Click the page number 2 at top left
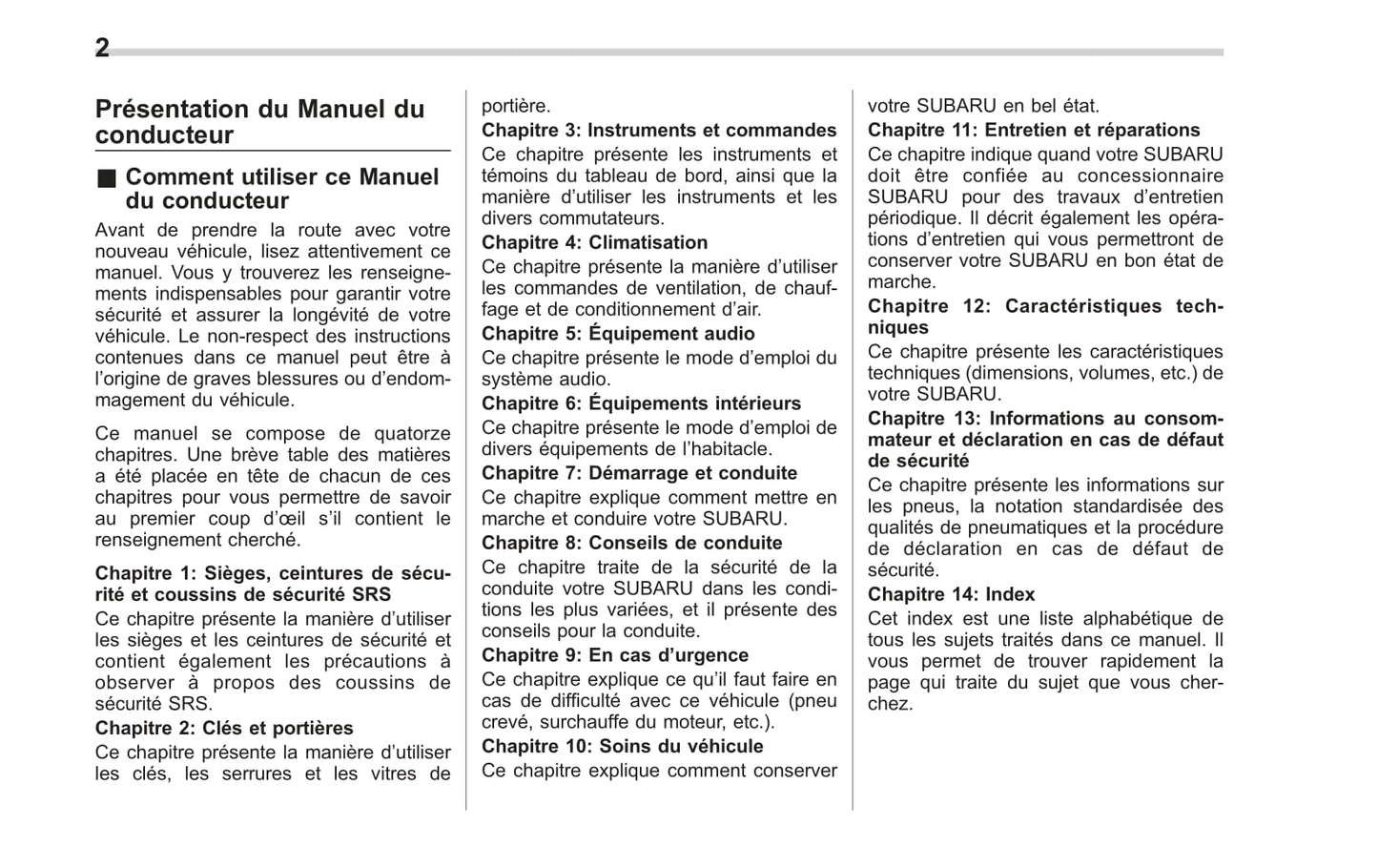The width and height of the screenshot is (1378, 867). pos(102,48)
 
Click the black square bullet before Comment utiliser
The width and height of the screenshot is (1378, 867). pos(105,177)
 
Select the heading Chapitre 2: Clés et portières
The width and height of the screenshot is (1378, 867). pos(224,729)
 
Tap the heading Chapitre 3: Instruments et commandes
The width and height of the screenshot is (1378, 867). pos(659,131)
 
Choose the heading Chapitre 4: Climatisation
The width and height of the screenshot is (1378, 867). pos(594,243)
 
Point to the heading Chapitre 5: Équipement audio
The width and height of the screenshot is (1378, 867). pos(618,334)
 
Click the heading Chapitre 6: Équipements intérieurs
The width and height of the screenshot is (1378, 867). pos(641,403)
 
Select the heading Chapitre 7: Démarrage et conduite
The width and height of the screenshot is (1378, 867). pos(639,473)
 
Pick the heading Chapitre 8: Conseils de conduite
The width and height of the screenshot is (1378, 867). pos(631,544)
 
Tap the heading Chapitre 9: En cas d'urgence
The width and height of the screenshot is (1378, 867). pos(615,655)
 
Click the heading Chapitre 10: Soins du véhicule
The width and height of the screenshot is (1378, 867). pos(622,747)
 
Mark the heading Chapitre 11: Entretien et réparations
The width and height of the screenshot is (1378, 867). pos(1034,131)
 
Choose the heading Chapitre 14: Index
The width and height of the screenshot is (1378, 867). pos(951,595)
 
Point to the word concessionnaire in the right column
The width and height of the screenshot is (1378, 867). pos(1150,176)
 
